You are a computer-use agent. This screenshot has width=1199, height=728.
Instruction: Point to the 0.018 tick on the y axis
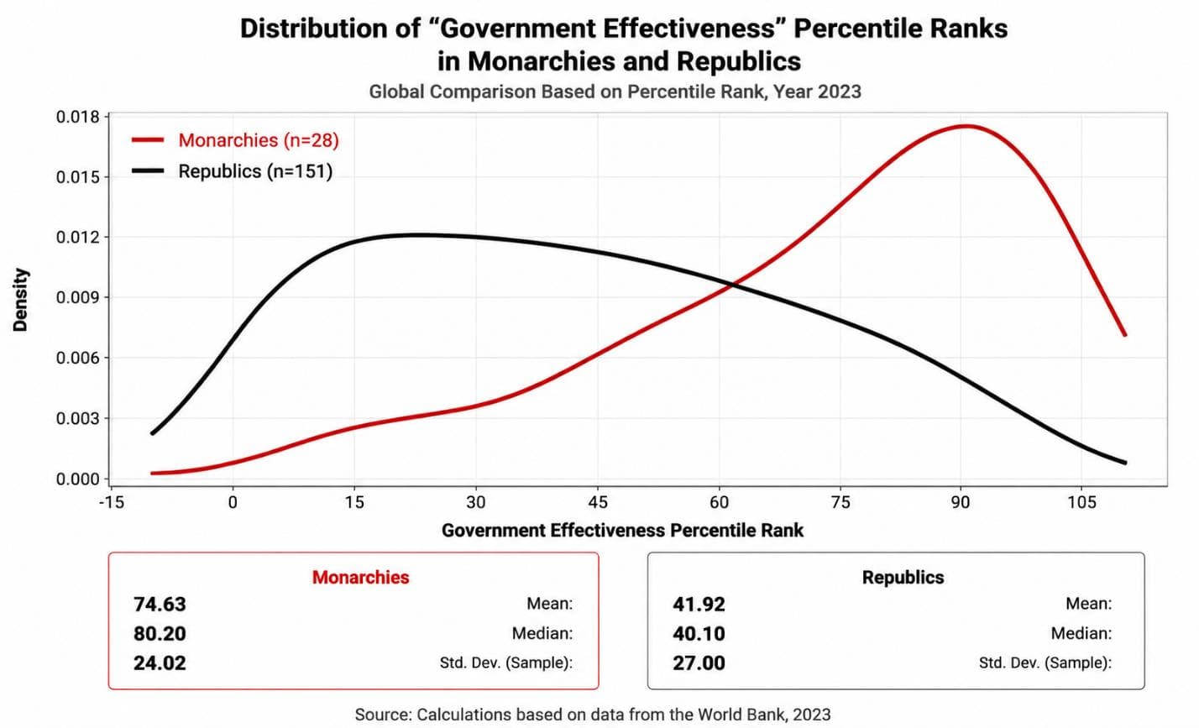78,117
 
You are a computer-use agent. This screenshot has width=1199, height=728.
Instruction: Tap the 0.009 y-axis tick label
78,297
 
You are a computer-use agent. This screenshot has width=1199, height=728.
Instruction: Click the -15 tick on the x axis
112,503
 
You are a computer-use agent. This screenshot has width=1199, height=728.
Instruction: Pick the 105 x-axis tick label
1081,503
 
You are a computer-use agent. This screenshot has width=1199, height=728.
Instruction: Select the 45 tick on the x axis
597,503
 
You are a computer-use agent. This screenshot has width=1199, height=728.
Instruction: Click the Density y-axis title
20,300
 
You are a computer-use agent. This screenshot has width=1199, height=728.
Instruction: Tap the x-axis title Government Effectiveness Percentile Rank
622,531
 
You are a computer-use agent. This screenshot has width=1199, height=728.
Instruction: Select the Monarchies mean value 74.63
160,605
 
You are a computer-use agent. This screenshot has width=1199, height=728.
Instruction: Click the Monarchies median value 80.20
160,634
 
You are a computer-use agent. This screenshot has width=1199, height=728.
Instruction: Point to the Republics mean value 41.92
699,605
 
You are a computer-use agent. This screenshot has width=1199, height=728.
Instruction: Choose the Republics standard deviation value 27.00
699,663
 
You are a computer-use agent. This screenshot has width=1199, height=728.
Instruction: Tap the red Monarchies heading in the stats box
361,577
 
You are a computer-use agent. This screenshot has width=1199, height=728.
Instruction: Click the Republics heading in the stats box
903,577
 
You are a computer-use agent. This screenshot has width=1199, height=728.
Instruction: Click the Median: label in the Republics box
1081,634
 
